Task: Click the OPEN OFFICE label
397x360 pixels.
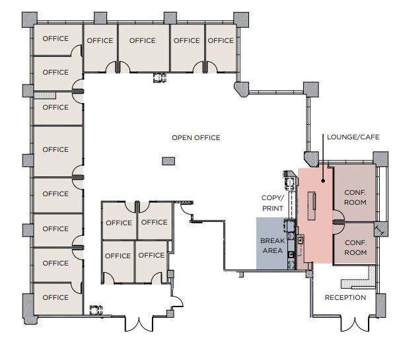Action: click(196, 137)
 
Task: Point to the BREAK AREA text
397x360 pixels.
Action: click(272, 246)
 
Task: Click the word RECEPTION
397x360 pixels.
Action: click(345, 297)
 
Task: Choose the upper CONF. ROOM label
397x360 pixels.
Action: click(355, 197)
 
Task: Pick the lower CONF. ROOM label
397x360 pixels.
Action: click(355, 248)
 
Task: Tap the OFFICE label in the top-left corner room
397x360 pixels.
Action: click(55, 38)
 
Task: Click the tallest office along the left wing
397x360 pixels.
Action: click(55, 150)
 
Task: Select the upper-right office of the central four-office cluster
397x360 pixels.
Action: click(155, 223)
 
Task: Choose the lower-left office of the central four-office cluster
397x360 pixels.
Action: click(118, 256)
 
